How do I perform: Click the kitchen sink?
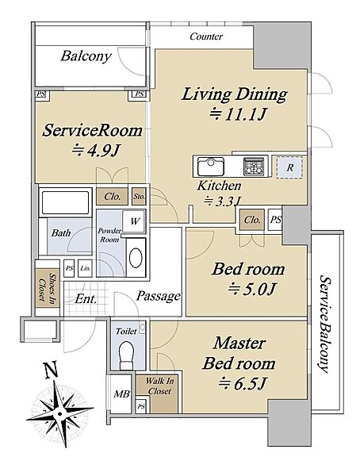(211, 167)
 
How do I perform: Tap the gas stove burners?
(254, 167)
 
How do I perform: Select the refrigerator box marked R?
(289, 167)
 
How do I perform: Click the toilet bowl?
(126, 355)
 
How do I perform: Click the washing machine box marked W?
(134, 221)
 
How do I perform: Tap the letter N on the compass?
(51, 370)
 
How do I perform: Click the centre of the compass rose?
(59, 413)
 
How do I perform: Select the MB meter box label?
(122, 393)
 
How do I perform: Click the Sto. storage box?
(139, 196)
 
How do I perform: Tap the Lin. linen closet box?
(85, 268)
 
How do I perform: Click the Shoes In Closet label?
(47, 288)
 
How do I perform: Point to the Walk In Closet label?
(159, 386)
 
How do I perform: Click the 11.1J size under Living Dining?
(239, 114)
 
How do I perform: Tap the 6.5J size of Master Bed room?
(242, 383)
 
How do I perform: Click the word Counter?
(206, 36)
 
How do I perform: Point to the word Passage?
(158, 296)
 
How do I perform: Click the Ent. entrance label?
(86, 299)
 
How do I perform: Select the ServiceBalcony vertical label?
(324, 324)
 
